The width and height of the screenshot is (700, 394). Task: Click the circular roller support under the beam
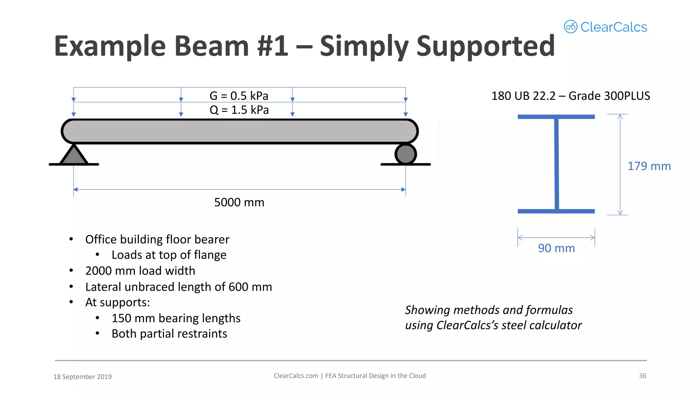[405, 154]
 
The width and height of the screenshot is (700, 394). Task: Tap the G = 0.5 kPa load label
[239, 96]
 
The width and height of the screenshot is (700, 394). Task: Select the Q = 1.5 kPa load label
[239, 110]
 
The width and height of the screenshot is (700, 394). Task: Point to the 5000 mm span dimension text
[239, 202]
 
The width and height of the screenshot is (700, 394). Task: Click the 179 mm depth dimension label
[649, 166]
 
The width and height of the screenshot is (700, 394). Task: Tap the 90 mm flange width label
[556, 248]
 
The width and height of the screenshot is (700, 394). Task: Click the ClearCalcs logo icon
[570, 27]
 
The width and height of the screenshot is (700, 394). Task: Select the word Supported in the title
[485, 46]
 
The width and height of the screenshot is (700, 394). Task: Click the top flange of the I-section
[556, 117]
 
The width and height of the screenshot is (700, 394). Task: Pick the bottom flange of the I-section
[556, 211]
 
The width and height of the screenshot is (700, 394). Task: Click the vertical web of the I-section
[556, 164]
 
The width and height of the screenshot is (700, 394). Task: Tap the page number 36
[642, 376]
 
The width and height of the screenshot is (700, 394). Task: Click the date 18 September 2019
[82, 377]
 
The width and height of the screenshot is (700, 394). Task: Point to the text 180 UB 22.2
[523, 96]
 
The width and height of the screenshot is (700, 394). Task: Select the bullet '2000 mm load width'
[140, 271]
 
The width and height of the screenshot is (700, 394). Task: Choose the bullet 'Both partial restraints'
[169, 334]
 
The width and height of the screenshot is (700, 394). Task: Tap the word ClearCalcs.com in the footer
[296, 376]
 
